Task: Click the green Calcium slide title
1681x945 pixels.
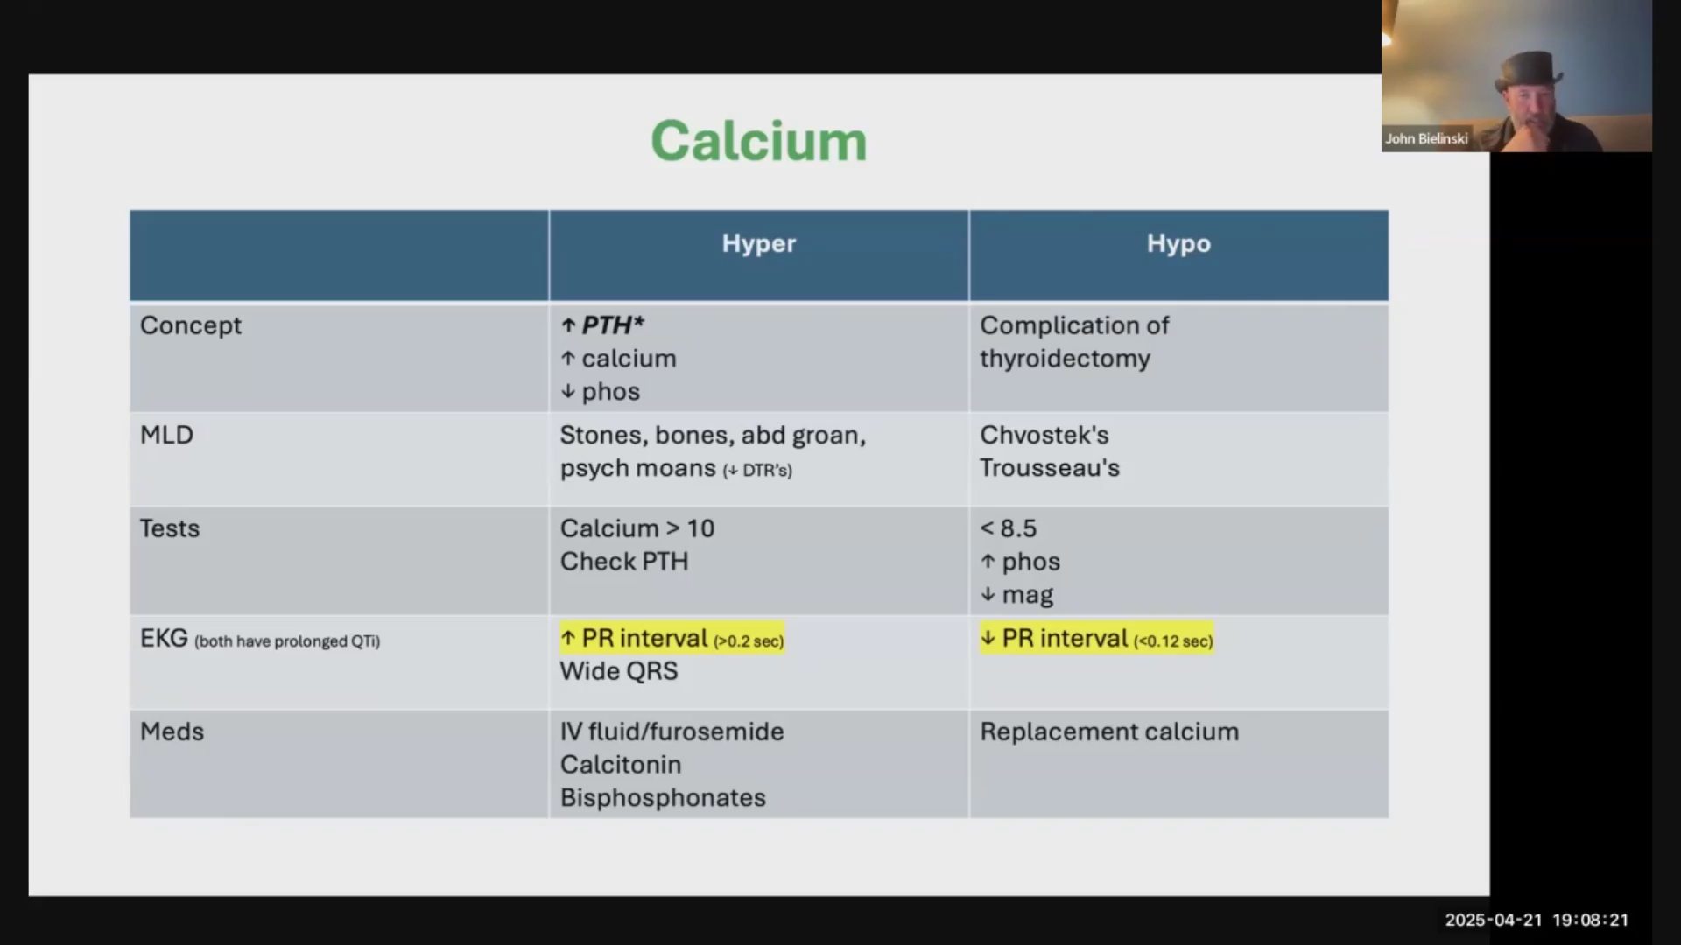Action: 758,141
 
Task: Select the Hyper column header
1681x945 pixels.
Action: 758,243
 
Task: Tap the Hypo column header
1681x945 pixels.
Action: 1178,243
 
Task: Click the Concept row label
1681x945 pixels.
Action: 190,325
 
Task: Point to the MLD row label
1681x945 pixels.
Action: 166,435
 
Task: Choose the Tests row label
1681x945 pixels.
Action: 170,528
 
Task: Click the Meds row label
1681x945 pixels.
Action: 172,731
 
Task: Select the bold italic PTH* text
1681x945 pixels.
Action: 613,325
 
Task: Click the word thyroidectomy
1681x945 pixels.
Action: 1065,359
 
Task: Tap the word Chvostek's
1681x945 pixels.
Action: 1044,435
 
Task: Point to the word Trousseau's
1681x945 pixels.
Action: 1049,468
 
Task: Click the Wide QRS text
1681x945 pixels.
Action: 619,671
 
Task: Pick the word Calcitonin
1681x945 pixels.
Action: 620,765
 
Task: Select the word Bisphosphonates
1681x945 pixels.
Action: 663,798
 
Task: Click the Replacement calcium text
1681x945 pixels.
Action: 1109,731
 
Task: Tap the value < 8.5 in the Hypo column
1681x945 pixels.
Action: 1008,528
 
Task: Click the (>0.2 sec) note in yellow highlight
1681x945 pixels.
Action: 749,641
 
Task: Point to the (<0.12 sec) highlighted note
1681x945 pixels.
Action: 1173,641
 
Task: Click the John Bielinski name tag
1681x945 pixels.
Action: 1426,138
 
